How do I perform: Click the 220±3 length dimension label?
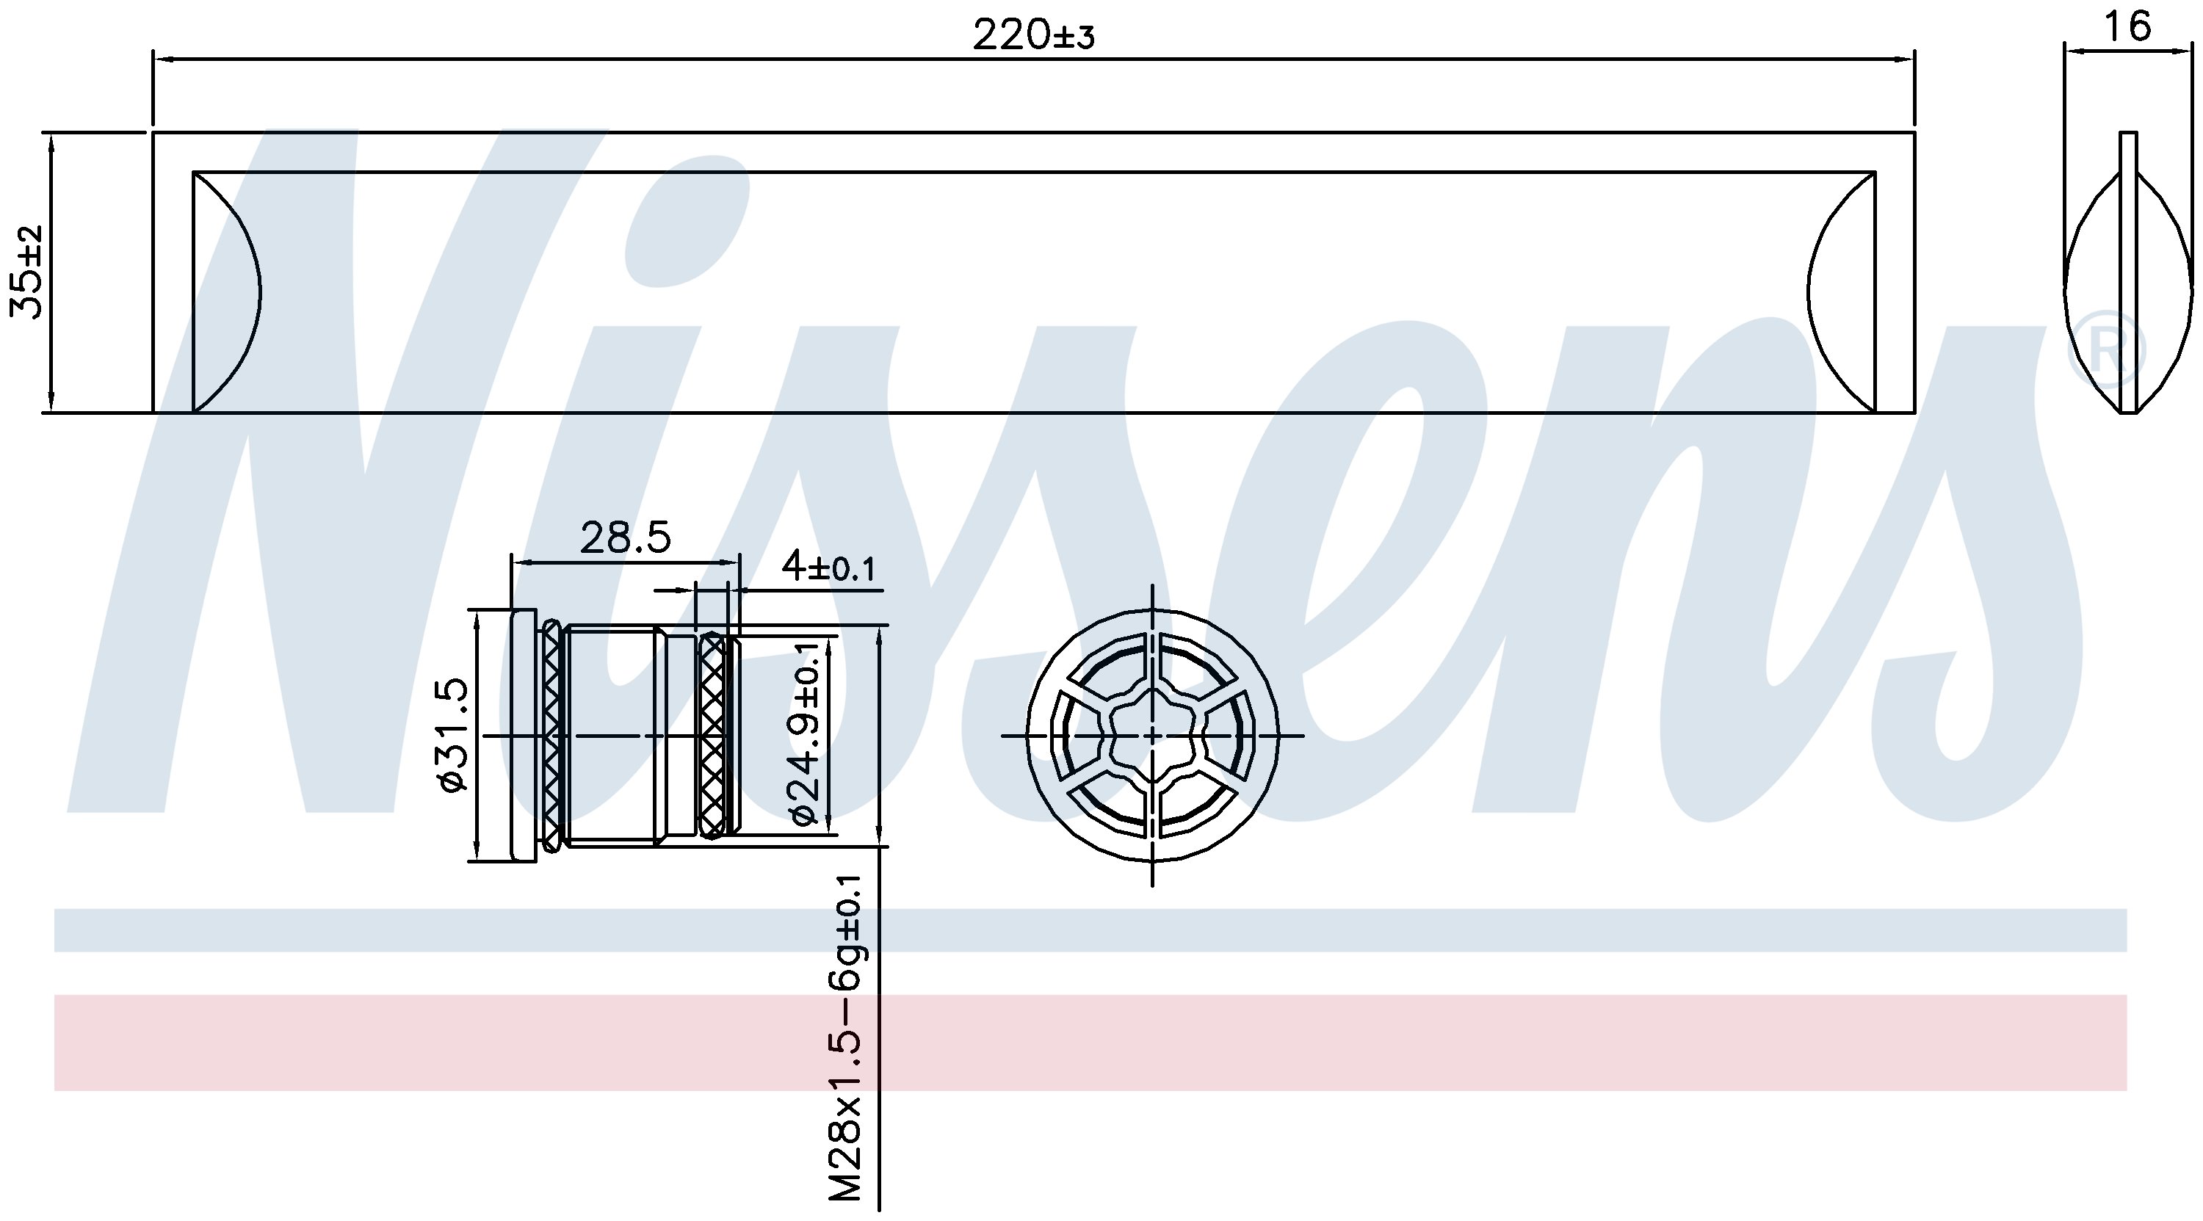(x=1033, y=35)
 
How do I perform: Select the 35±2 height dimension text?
(x=27, y=272)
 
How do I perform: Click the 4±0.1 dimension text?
(x=828, y=566)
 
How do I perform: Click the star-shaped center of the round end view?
(x=1153, y=736)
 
